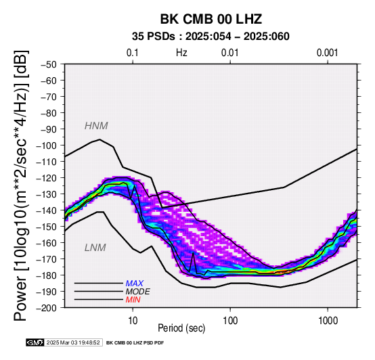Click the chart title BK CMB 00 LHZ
pyautogui.click(x=211, y=19)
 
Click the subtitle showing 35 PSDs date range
pyautogui.click(x=211, y=37)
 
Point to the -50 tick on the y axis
pyautogui.click(x=49, y=64)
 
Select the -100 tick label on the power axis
pyautogui.click(x=47, y=145)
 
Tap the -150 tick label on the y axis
pyautogui.click(x=47, y=227)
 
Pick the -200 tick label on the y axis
pyautogui.click(x=47, y=308)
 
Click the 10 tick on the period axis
pyautogui.click(x=133, y=321)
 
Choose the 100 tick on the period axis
pyautogui.click(x=230, y=321)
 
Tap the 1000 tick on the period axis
pyautogui.click(x=328, y=321)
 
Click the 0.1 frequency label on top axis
pyautogui.click(x=133, y=53)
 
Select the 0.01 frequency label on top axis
pyautogui.click(x=230, y=53)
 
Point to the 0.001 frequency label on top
pyautogui.click(x=328, y=53)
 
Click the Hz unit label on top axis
pyautogui.click(x=181, y=53)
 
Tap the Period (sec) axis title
pyautogui.click(x=181, y=328)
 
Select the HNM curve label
pyautogui.click(x=96, y=126)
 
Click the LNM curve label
pyautogui.click(x=95, y=248)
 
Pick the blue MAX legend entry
pyautogui.click(x=135, y=284)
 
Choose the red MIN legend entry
pyautogui.click(x=133, y=300)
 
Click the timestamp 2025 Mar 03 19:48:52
pyautogui.click(x=73, y=342)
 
